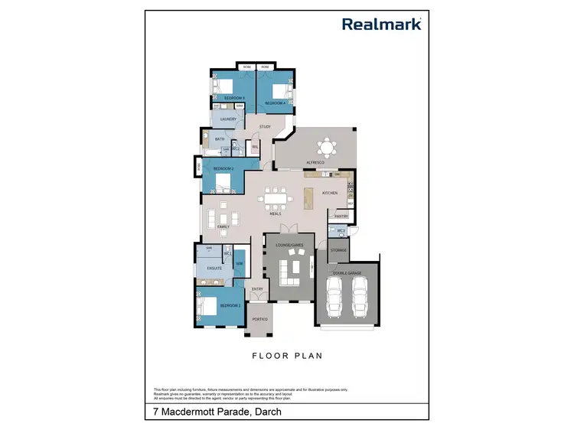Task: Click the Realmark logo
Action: (x=382, y=24)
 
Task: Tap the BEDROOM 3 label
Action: (x=233, y=98)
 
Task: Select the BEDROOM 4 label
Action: (x=275, y=103)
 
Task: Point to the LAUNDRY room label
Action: (x=229, y=119)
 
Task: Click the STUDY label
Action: (x=265, y=127)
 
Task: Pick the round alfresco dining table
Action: (x=327, y=147)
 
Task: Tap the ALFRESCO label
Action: (x=316, y=164)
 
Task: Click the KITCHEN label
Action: (x=330, y=193)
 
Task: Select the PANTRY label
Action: (x=341, y=217)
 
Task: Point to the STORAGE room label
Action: (x=338, y=250)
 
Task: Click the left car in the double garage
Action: (x=334, y=297)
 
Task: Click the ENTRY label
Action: (x=257, y=288)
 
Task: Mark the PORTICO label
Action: (x=259, y=318)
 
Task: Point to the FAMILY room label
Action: (x=223, y=226)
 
